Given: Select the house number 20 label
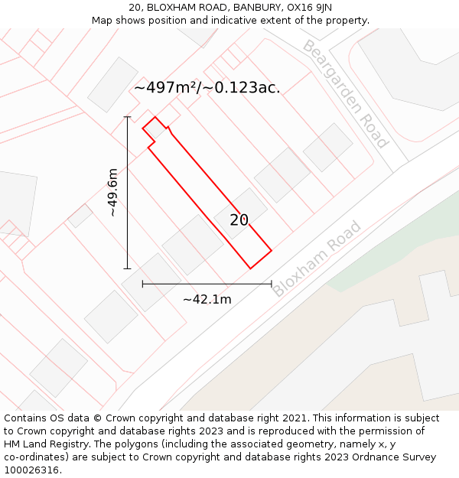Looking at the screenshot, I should [239, 220].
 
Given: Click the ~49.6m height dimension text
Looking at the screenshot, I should [113, 193].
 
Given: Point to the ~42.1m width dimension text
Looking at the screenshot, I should [207, 299].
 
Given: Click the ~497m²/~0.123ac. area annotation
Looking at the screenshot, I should [207, 88].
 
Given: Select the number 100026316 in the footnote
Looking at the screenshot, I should [31, 470].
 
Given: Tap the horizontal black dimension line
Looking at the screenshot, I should [207, 284].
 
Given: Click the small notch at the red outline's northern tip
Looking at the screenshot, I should [156, 122].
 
